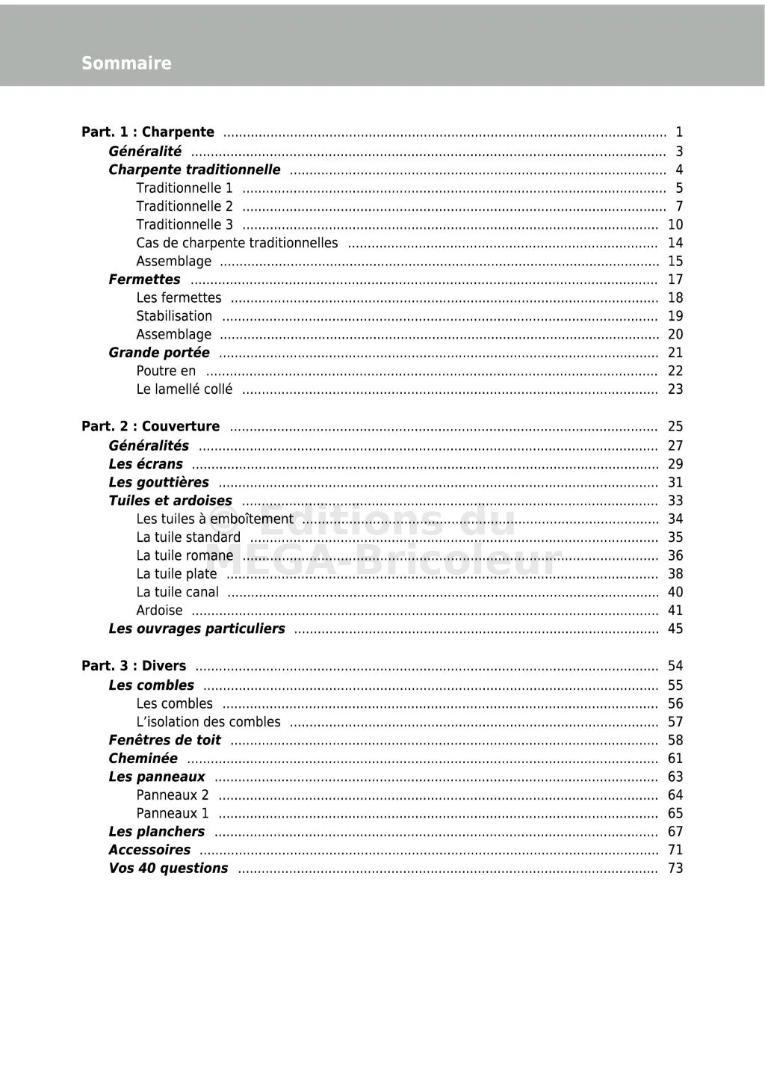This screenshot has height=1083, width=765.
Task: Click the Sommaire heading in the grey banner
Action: [126, 64]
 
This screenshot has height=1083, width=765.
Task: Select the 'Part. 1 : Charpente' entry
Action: [148, 132]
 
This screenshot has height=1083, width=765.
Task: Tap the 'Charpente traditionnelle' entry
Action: [194, 170]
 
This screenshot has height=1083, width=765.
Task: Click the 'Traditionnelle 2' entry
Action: [185, 206]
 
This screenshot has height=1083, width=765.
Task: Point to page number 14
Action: [675, 243]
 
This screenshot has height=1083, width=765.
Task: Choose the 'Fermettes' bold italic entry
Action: [144, 280]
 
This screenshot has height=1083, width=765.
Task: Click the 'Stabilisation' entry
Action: [174, 316]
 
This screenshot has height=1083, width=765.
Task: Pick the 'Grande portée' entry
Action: [159, 353]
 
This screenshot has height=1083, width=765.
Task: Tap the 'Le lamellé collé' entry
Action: [184, 389]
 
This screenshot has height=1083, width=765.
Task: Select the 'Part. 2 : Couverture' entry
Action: [151, 427]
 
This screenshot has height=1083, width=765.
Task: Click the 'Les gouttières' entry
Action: [158, 483]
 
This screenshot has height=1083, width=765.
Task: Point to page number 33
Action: [675, 501]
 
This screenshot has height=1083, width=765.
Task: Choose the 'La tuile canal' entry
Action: [178, 593]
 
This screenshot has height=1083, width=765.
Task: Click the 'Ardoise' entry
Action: [159, 611]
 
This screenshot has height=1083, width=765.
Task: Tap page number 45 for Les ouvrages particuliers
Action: [675, 629]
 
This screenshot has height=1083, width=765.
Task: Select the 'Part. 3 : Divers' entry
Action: [134, 666]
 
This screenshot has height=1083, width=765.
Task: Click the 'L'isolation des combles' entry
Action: [208, 722]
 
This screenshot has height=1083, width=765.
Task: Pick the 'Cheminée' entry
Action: [143, 759]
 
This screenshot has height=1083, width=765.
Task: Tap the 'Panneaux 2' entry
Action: [173, 795]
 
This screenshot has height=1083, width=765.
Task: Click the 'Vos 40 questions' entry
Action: [168, 868]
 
